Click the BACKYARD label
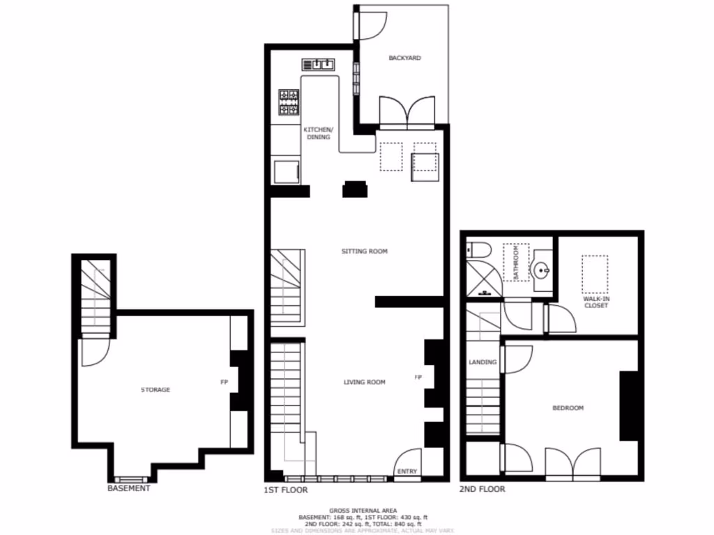404,59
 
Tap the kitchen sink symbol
319,65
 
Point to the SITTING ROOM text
364,251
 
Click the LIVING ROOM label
364,382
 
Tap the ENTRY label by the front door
407,472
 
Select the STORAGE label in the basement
155,390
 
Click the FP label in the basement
225,382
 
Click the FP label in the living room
418,378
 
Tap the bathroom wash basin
542,269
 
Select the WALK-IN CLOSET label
595,302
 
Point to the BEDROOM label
568,408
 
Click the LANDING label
483,362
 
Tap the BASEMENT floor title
128,488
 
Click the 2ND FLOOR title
482,490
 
